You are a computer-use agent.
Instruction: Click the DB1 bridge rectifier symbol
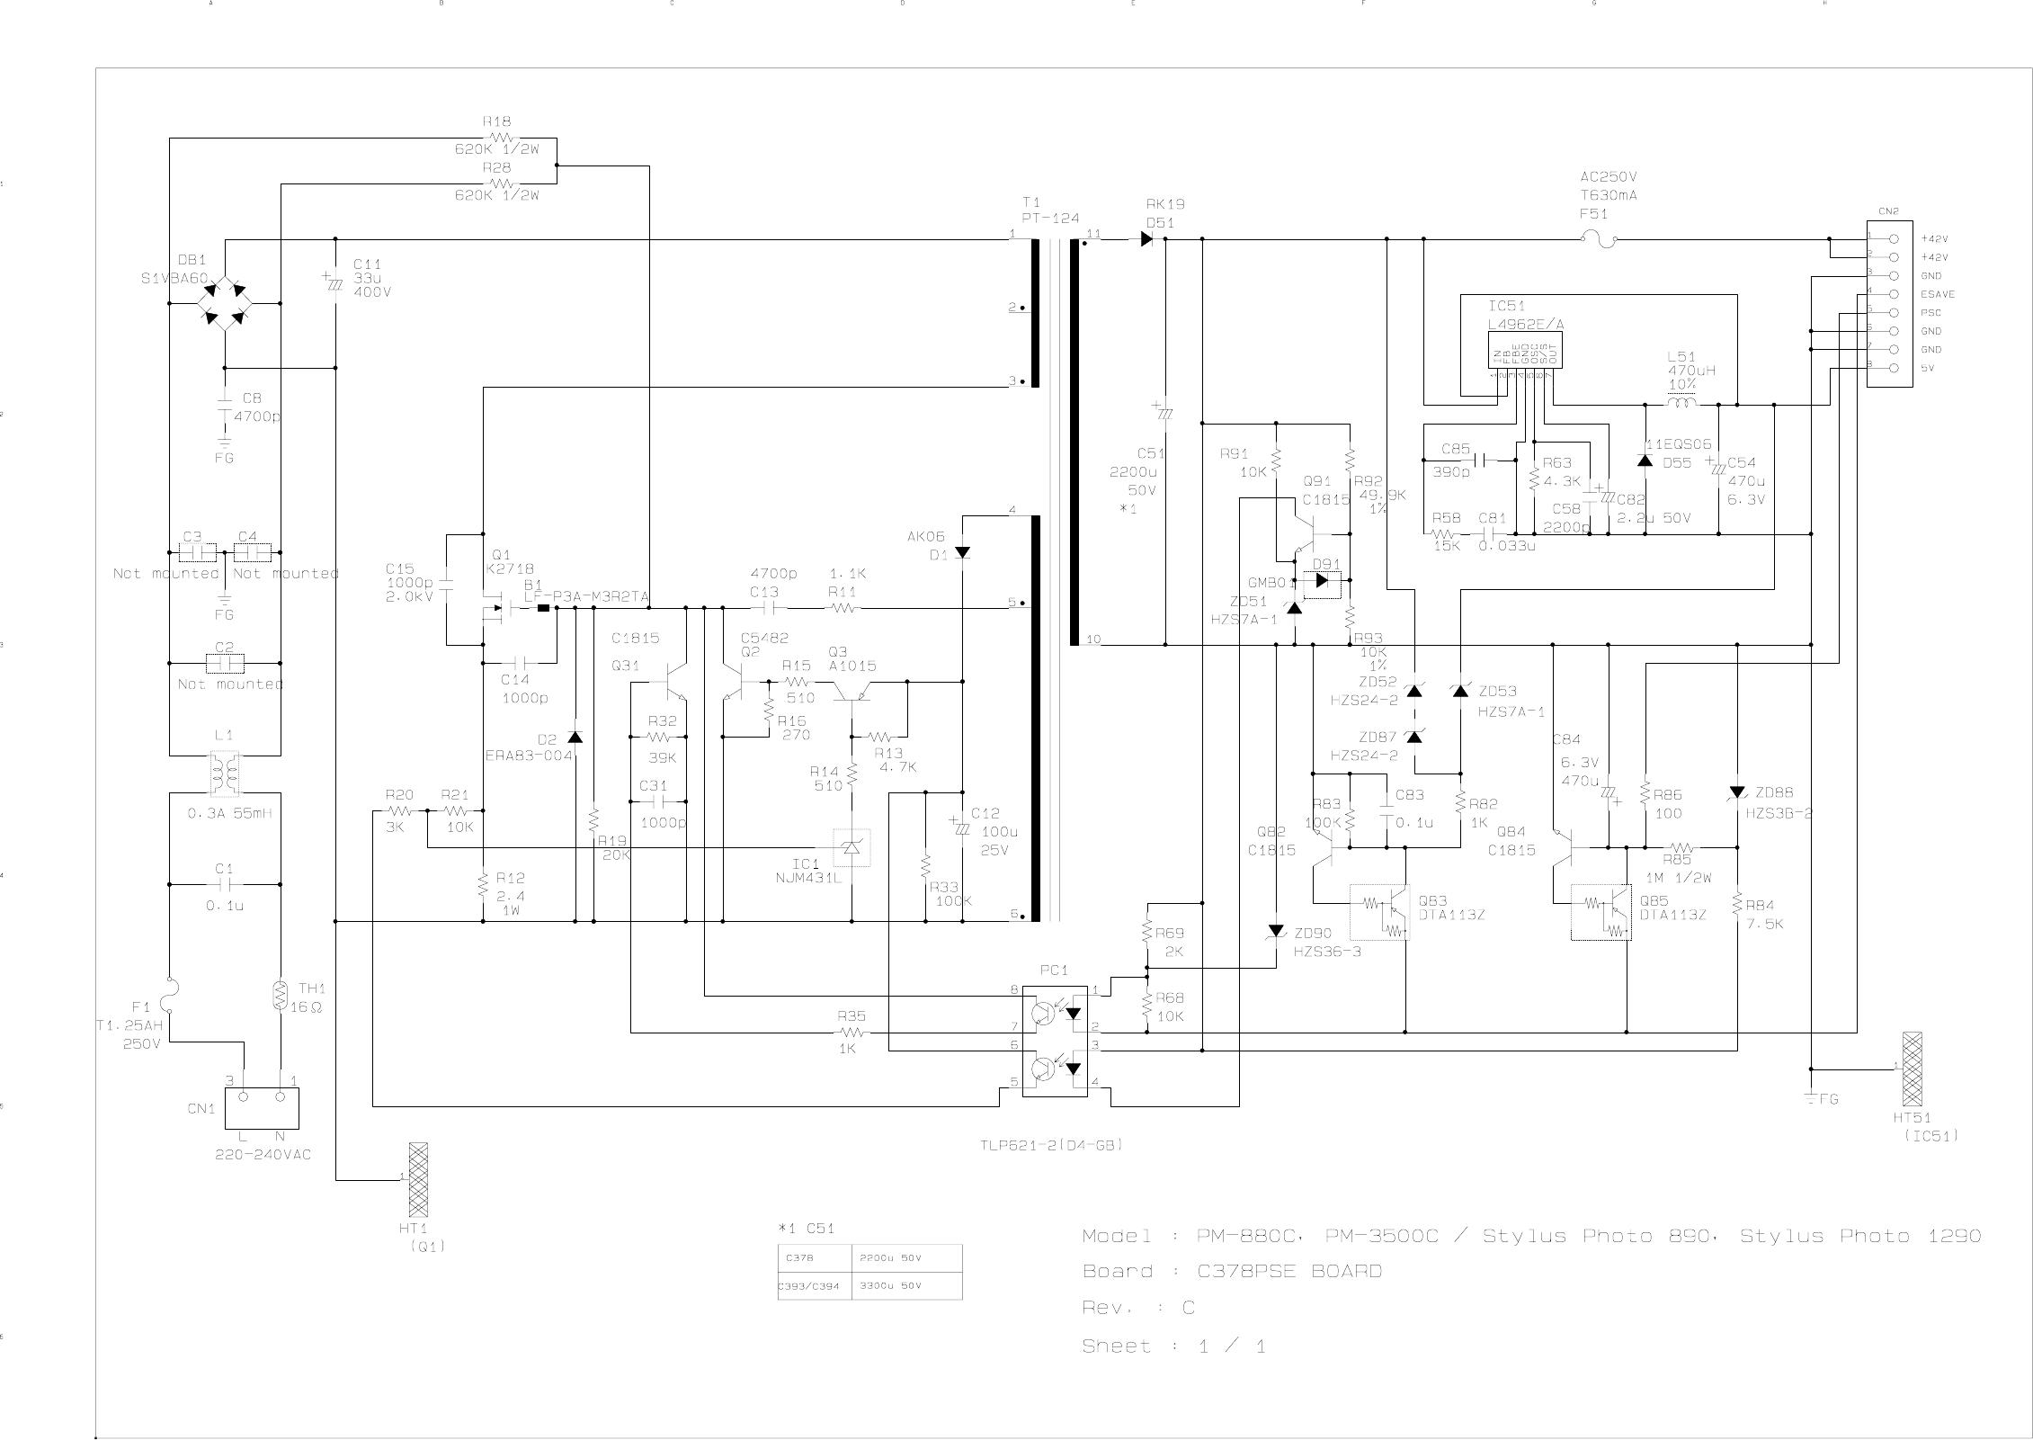click(224, 303)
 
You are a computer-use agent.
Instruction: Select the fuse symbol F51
click(1599, 239)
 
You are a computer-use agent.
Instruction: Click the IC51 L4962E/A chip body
click(1525, 350)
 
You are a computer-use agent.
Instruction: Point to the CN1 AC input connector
click(261, 1107)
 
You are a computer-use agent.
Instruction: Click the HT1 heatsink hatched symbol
click(417, 1178)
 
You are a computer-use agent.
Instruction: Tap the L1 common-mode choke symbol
click(225, 774)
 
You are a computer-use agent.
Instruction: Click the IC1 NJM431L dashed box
click(851, 847)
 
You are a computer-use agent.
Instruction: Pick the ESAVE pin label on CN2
click(1938, 294)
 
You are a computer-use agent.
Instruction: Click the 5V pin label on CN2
click(1930, 368)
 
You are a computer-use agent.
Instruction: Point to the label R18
click(496, 121)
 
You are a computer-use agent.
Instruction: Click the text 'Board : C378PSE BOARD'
click(1232, 1271)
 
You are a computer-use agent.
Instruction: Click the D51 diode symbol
click(1146, 239)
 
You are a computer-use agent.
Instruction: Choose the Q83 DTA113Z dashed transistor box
click(1379, 911)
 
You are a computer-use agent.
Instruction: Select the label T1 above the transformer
click(1030, 202)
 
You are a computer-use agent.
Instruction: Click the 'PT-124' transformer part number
click(1050, 219)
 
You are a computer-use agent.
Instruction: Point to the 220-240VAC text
click(263, 1154)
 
